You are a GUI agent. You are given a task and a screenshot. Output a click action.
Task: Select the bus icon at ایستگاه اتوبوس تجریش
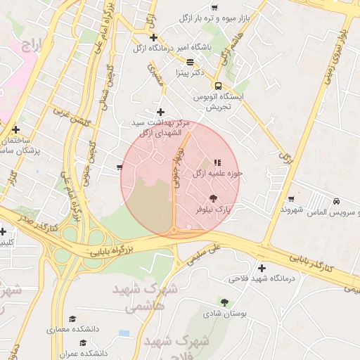point(218,85)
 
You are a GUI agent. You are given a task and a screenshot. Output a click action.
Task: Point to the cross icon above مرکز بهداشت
point(161,112)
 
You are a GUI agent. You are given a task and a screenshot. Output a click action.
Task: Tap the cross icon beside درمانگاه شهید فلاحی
point(262,268)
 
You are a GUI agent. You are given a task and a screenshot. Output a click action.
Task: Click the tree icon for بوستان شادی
point(224,302)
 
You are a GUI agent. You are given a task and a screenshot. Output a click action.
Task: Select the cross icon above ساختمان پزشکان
point(15,129)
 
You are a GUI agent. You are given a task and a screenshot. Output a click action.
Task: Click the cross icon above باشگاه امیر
point(154,37)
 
